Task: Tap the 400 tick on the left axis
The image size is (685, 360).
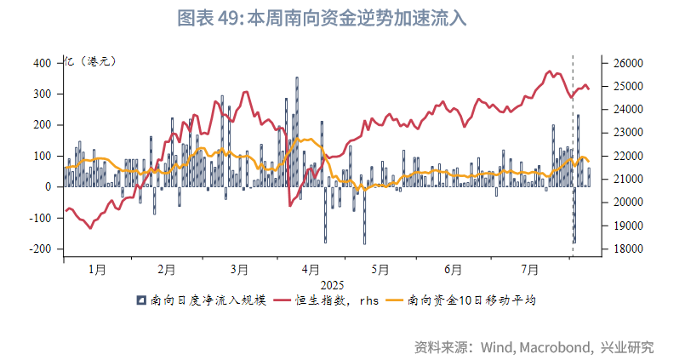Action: point(42,63)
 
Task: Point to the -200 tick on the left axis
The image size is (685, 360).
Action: point(38,249)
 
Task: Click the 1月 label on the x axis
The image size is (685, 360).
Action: point(97,270)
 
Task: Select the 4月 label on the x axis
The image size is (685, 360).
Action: point(311,270)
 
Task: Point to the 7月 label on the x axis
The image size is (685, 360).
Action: point(530,270)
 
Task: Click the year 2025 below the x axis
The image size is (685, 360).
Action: point(332,284)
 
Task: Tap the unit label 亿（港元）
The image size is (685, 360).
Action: point(90,61)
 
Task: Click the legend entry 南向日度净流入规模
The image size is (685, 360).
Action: point(203,300)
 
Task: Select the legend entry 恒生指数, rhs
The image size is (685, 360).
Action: point(326,300)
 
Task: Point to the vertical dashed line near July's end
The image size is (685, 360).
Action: point(572,153)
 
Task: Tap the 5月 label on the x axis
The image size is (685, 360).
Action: point(380,270)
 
